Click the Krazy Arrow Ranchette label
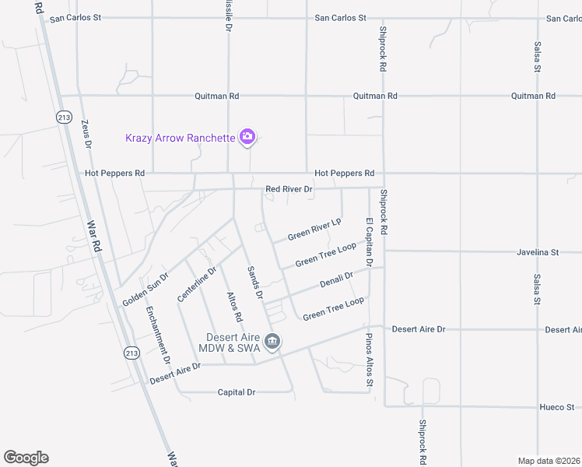pyautogui.click(x=180, y=138)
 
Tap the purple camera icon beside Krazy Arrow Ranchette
pyautogui.click(x=247, y=138)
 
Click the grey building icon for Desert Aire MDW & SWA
pyautogui.click(x=273, y=341)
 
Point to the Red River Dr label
pyautogui.click(x=289, y=189)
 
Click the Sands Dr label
pyautogui.click(x=255, y=282)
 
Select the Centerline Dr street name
pyautogui.click(x=195, y=284)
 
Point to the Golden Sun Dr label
pyautogui.click(x=145, y=290)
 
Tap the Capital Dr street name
pyautogui.click(x=237, y=392)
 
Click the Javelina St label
pyautogui.click(x=538, y=252)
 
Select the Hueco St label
pyautogui.click(x=556, y=407)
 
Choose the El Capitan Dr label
pyautogui.click(x=369, y=243)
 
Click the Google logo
pyautogui.click(x=26, y=458)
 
